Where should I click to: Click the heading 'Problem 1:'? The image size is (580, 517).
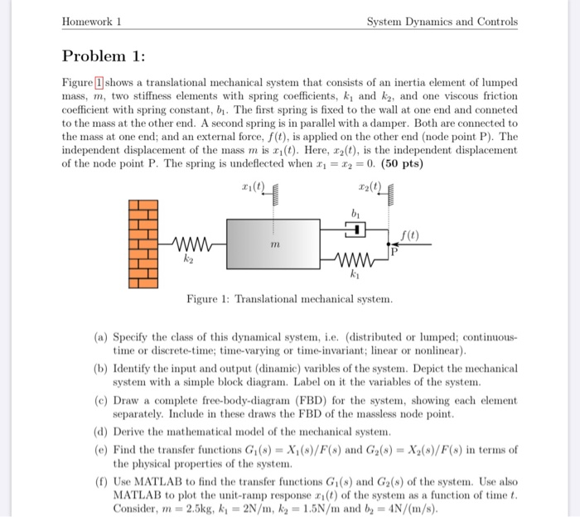click(x=104, y=57)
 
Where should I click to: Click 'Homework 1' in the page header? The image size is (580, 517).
click(x=92, y=22)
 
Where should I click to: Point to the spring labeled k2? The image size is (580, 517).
click(x=191, y=246)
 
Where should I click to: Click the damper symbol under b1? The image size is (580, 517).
click(x=355, y=230)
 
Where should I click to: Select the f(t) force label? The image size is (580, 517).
click(x=410, y=236)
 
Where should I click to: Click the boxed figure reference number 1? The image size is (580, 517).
click(x=99, y=84)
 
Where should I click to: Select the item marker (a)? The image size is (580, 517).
click(x=99, y=339)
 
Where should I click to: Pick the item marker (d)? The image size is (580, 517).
click(x=99, y=432)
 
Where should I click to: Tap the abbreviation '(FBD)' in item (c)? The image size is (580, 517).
click(x=302, y=401)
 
